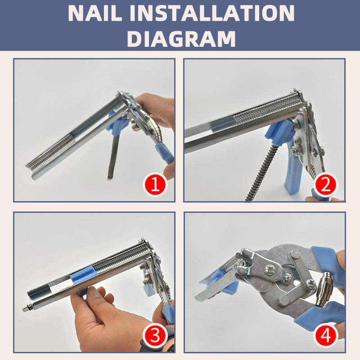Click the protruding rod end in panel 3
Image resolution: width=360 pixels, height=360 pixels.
tap(24, 310)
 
